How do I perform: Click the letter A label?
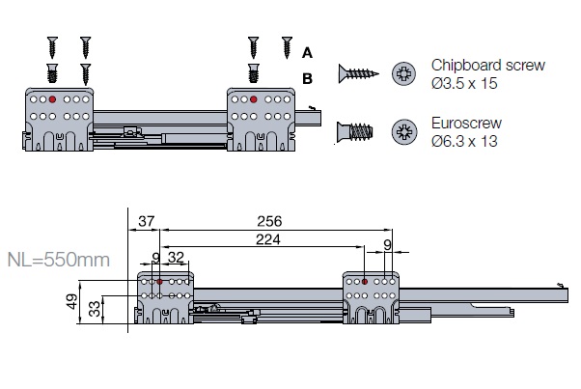307,51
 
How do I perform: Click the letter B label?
307,77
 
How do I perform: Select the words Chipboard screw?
488,66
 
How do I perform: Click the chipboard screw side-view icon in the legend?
356,71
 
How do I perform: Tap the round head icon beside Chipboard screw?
403,71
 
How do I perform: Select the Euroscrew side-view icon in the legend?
356,132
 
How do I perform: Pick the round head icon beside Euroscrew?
403,132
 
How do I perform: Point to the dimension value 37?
146,221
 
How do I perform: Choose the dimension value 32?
177,259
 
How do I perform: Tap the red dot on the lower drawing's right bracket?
365,281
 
